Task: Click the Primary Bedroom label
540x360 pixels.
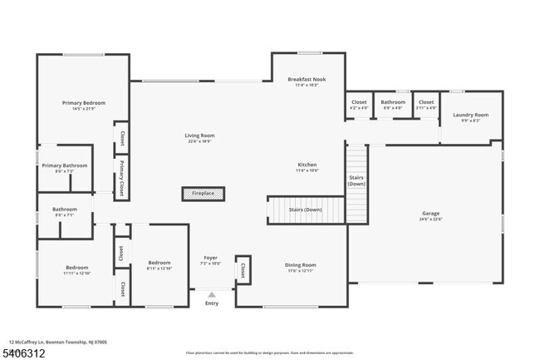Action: (x=83, y=103)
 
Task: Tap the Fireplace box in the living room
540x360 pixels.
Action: (x=204, y=194)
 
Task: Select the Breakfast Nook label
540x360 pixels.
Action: (x=307, y=80)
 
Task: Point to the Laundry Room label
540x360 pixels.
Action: (x=470, y=116)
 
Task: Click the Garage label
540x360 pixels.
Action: (x=430, y=214)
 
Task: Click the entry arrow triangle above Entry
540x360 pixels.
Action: (x=212, y=294)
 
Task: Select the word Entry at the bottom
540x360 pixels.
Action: (x=212, y=303)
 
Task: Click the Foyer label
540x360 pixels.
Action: (x=211, y=258)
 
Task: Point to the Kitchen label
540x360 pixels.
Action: (x=307, y=165)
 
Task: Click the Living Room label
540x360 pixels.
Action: (x=199, y=136)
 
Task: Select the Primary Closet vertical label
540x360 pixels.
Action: (x=121, y=175)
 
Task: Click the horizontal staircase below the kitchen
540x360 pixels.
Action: (x=305, y=210)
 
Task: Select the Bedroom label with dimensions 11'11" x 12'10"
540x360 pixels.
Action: (x=76, y=269)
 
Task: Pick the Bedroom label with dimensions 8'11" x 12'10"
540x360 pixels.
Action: (x=159, y=263)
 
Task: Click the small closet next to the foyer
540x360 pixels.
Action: (x=243, y=270)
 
